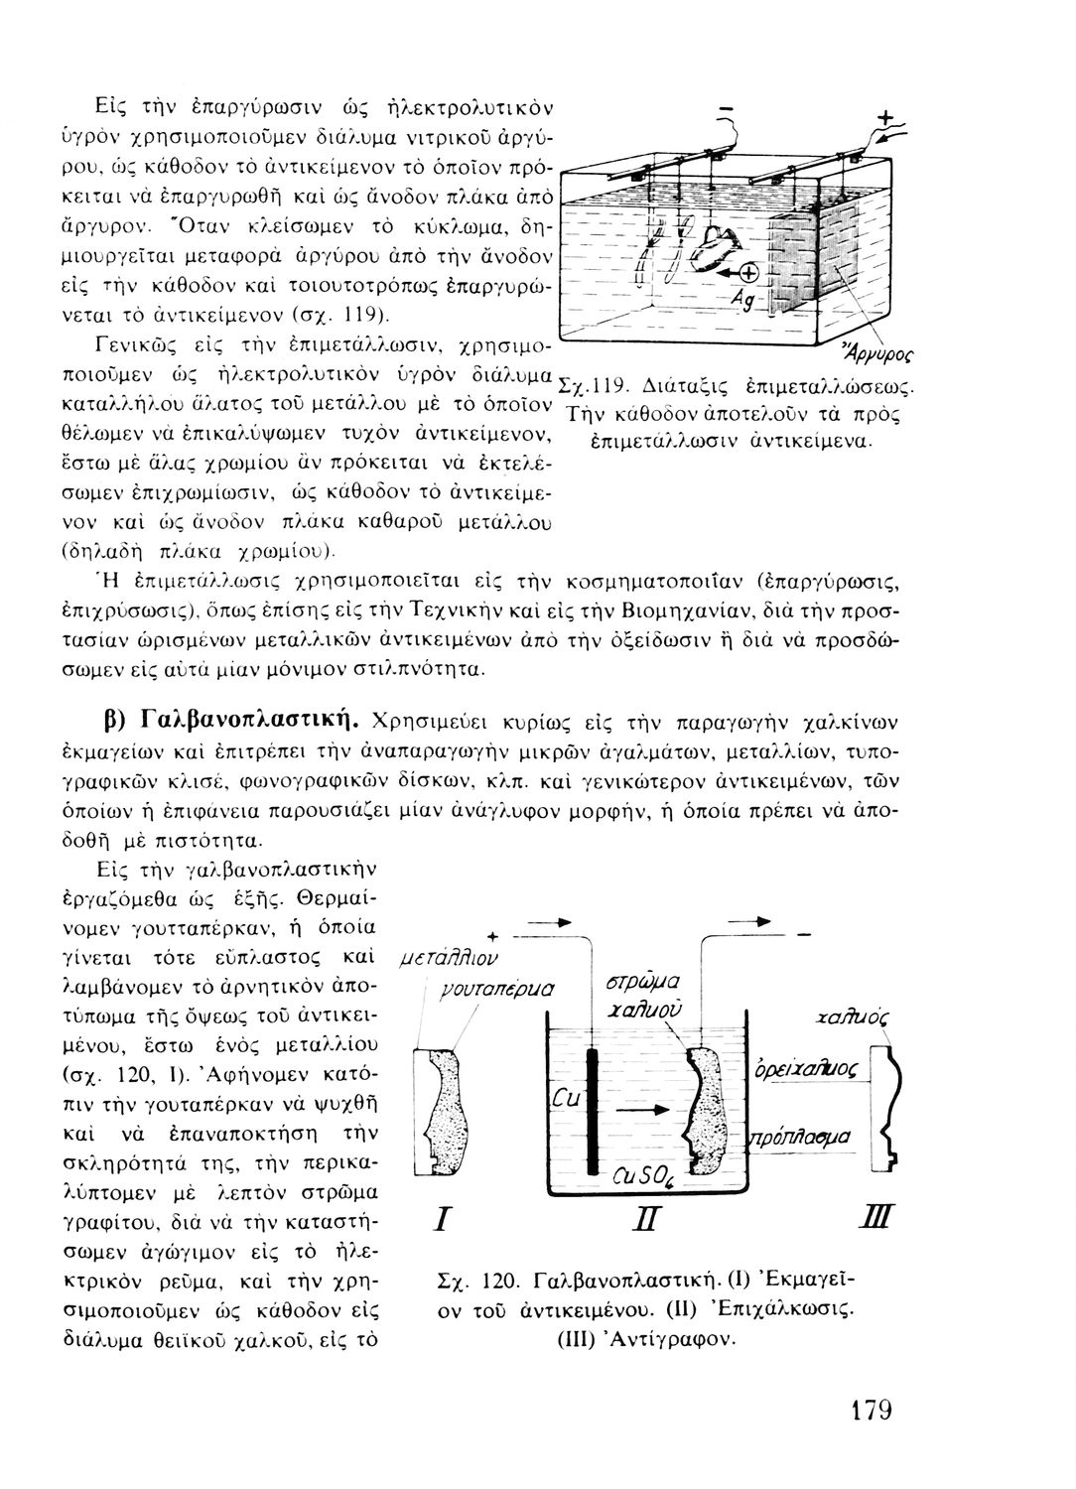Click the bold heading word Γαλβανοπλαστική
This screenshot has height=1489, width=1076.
(248, 716)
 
